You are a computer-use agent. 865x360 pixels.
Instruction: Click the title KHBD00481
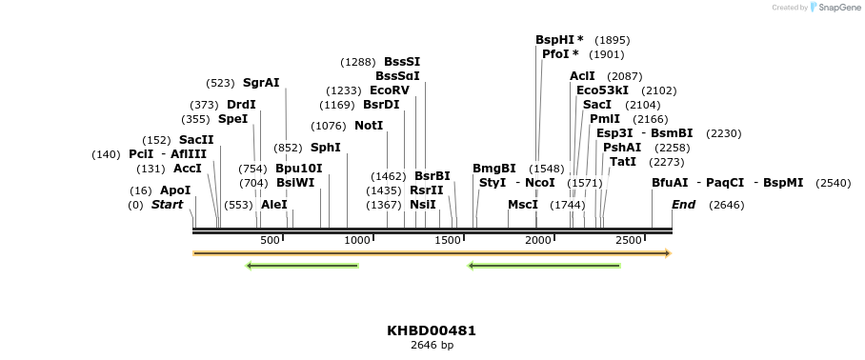[x=432, y=330]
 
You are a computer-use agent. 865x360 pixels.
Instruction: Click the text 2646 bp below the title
[x=432, y=345]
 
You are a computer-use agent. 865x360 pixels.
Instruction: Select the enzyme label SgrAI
[x=261, y=83]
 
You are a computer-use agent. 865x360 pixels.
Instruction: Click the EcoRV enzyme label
[x=390, y=90]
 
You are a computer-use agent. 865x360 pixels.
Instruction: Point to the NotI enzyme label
[x=369, y=126]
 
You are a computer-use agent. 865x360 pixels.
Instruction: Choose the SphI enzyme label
[x=325, y=148]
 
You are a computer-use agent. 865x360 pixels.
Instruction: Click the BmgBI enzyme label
[x=494, y=169]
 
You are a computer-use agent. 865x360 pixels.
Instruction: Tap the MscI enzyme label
[x=523, y=205]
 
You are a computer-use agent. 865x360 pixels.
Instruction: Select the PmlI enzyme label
[x=604, y=119]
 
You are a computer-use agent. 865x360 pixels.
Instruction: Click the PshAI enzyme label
[x=622, y=148]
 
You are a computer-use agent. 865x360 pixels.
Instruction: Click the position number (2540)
[x=834, y=183]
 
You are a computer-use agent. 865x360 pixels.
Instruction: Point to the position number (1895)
[x=612, y=40]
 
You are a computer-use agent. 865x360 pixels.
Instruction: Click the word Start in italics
[x=167, y=205]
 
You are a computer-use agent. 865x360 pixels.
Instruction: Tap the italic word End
[x=683, y=205]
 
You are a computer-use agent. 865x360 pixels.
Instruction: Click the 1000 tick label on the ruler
[x=357, y=240]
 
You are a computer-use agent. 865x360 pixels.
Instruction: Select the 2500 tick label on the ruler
[x=629, y=240]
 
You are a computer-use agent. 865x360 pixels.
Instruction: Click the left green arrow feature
[x=302, y=266]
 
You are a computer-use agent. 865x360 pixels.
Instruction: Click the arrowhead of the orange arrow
[x=668, y=253]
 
